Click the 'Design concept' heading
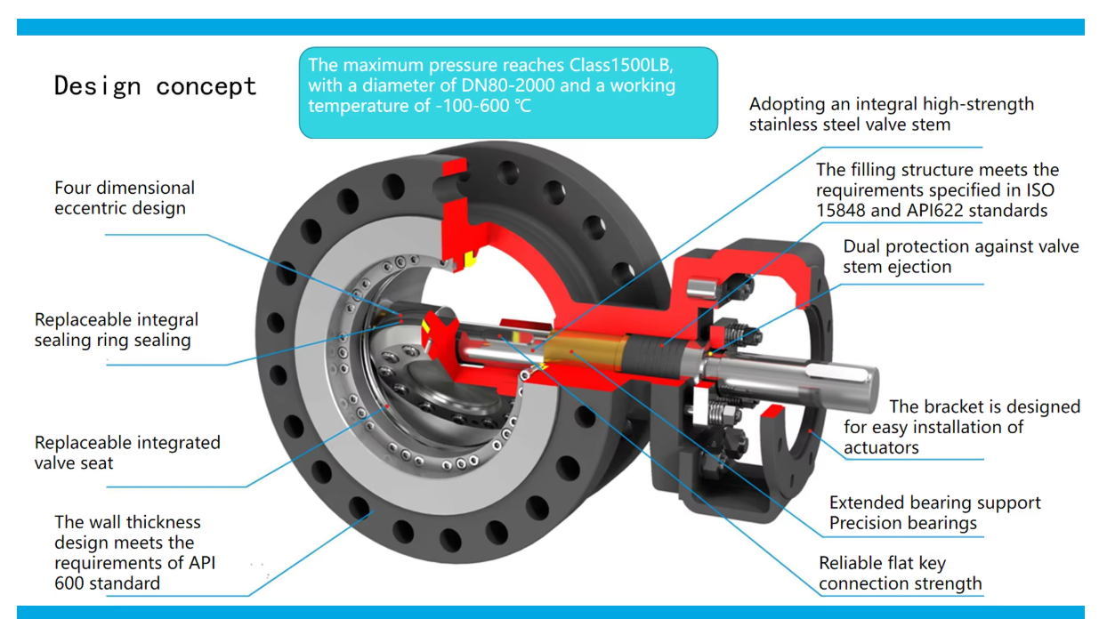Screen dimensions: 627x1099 pos(156,86)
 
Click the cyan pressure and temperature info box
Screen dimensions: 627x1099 pos(507,92)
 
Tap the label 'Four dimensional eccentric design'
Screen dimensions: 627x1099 pos(125,198)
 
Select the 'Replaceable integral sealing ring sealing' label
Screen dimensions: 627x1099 pos(117,330)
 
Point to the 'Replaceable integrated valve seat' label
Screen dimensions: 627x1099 pos(127,453)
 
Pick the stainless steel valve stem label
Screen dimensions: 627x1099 pos(891,114)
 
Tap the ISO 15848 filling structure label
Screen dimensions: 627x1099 pos(937,190)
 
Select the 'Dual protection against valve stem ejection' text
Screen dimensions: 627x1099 pos(960,256)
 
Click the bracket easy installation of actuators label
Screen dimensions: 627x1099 pos(961,427)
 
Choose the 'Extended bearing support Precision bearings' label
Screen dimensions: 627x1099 pos(934,513)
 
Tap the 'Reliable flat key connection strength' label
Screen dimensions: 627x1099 pos(900,574)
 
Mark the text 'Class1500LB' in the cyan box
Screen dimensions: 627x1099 pos(626,66)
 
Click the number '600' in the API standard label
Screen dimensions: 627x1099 pos(71,583)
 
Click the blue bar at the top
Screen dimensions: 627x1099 pos(550,27)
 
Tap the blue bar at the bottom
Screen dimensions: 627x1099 pos(550,612)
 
